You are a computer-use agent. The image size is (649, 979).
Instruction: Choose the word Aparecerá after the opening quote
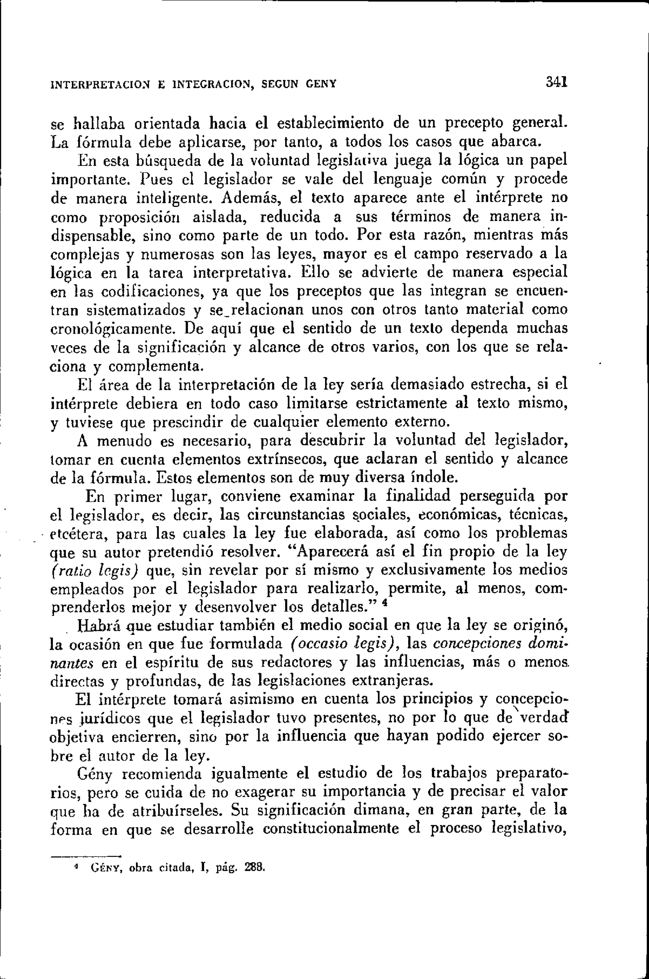330,552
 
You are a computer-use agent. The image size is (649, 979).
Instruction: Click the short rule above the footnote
85,853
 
